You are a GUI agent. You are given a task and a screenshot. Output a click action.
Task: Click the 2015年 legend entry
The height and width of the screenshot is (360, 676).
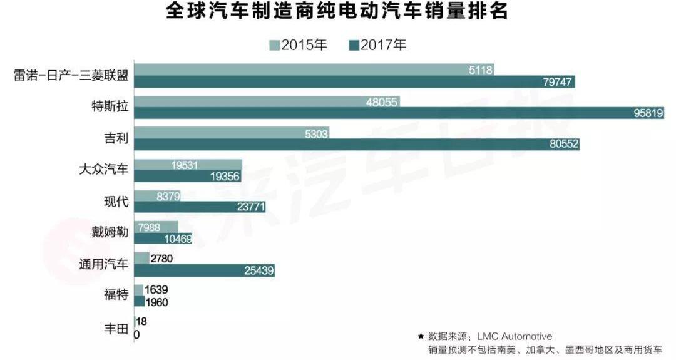tap(298, 45)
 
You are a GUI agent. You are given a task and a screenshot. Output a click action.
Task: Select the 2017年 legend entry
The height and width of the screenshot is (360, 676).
tap(377, 45)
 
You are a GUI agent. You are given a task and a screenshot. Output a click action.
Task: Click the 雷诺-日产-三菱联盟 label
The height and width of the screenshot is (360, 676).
tap(71, 76)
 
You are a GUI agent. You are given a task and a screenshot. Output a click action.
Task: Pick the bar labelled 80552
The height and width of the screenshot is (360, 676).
tap(357, 145)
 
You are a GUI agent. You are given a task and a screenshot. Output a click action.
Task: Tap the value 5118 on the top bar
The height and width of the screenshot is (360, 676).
tap(481, 69)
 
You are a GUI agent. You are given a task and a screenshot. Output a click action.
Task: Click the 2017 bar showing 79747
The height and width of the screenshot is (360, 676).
tap(354, 82)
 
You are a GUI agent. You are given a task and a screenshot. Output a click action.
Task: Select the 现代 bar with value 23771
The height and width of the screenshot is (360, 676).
tap(200, 207)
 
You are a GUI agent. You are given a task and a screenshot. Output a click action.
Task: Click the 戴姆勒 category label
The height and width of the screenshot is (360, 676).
tap(110, 232)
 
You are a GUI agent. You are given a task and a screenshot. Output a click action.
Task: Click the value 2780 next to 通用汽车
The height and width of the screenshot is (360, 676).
tap(161, 258)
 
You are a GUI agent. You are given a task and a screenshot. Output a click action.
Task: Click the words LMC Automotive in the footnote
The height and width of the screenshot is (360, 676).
tap(517, 337)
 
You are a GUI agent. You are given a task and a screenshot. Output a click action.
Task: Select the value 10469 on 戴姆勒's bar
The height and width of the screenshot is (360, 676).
tap(177, 239)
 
